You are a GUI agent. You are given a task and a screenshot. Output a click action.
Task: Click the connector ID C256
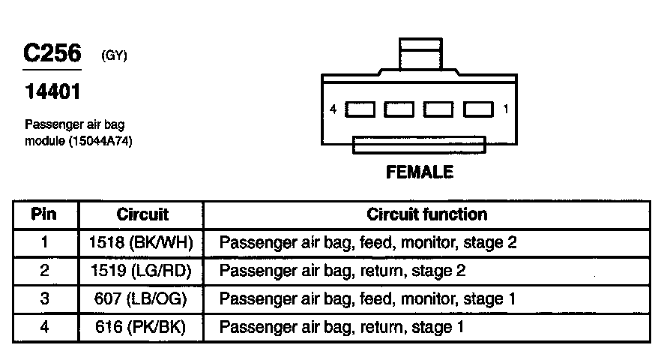[52, 54]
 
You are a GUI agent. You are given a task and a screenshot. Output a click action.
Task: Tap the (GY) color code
[114, 57]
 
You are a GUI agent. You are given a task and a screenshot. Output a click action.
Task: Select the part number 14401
[52, 92]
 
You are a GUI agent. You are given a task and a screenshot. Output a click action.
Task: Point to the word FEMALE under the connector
[419, 172]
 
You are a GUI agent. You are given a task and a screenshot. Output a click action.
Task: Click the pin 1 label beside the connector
[506, 109]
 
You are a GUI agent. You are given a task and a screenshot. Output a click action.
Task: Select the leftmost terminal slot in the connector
[361, 109]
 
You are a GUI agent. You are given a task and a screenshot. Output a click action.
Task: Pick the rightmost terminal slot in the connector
[477, 109]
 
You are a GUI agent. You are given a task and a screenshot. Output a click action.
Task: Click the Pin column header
[44, 214]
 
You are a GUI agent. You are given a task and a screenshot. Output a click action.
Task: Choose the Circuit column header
[142, 214]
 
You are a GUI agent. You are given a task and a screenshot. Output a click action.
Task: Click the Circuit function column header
[426, 214]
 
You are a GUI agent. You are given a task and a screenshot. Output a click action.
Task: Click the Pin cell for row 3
[44, 299]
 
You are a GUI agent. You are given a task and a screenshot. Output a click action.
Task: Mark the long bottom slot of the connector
[419, 144]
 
